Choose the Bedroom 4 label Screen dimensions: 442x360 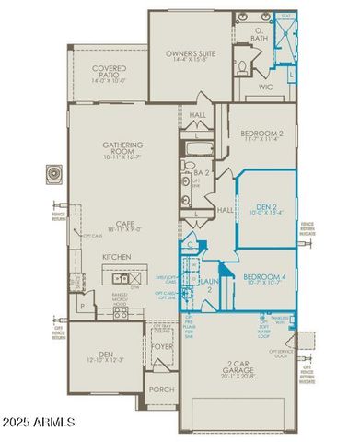[x=266, y=277]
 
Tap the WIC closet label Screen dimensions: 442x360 [x=267, y=88]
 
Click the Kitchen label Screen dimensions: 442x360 [x=117, y=257]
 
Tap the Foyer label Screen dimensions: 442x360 [x=163, y=347]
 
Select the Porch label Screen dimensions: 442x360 [x=162, y=390]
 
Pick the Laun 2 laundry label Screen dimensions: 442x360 [x=210, y=285]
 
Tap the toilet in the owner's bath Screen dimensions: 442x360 [x=242, y=65]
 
